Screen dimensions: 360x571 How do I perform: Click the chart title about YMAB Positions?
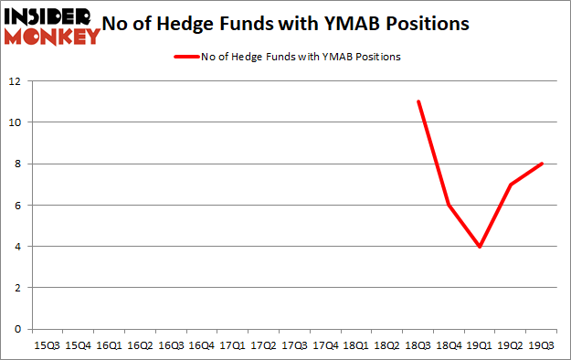pyautogui.click(x=291, y=24)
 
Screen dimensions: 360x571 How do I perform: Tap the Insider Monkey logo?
pyautogui.click(x=52, y=25)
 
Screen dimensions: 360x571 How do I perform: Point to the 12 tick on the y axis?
pyautogui.click(x=15, y=80)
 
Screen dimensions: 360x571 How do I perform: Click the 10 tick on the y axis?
pyautogui.click(x=15, y=122)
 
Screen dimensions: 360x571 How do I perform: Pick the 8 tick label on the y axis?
pyautogui.click(x=17, y=164)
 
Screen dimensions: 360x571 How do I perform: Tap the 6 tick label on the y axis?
pyautogui.click(x=17, y=206)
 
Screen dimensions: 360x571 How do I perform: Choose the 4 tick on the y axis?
pyautogui.click(x=17, y=247)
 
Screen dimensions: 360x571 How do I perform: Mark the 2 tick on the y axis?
pyautogui.click(x=17, y=288)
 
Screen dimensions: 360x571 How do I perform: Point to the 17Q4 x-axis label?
pyautogui.click(x=324, y=346)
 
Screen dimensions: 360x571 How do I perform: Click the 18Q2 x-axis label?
pyautogui.click(x=386, y=346)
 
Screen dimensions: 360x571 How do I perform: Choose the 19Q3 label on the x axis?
pyautogui.click(x=542, y=346)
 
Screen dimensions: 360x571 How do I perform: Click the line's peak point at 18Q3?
pyautogui.click(x=418, y=101)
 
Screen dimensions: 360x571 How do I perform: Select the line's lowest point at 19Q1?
pyautogui.click(x=480, y=247)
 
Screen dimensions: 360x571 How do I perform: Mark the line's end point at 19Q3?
pyautogui.click(x=542, y=164)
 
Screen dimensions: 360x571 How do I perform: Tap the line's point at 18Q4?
pyautogui.click(x=449, y=205)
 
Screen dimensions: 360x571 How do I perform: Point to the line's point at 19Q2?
pyautogui.click(x=511, y=185)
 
